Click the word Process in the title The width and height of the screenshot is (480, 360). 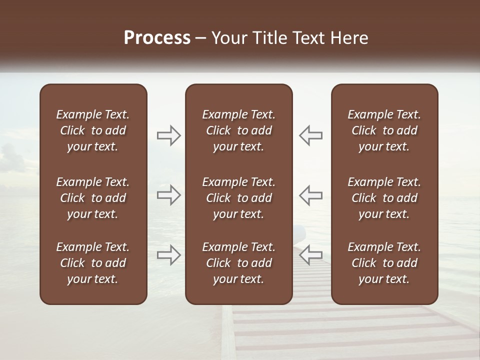pos(157,38)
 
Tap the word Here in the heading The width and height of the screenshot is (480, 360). pos(349,38)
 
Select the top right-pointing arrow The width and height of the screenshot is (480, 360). pos(169,135)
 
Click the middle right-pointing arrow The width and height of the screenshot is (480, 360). pos(169,195)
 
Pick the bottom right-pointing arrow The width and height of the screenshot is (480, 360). pos(169,254)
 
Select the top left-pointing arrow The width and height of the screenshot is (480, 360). pos(310,135)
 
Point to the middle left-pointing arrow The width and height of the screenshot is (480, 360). pos(310,195)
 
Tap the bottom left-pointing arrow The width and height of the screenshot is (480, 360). pos(310,254)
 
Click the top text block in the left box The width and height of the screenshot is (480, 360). pos(93,130)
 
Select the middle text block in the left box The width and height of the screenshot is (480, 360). pos(93,198)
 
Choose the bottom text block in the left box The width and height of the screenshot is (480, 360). pos(93,263)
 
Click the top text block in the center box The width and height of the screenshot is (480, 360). pos(239,130)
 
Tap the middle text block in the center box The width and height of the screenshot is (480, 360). pos(239,198)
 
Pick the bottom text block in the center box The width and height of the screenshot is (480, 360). pos(239,263)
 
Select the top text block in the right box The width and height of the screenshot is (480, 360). pos(384,130)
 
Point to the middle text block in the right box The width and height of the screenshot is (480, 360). pos(384,198)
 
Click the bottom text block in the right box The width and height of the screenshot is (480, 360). pos(384,263)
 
